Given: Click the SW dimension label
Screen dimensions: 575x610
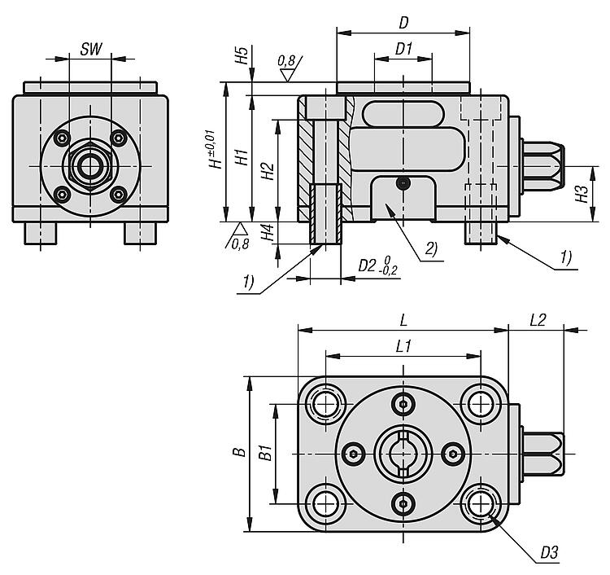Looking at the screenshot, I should coord(91,49).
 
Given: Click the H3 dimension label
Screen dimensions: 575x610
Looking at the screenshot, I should coord(581,194).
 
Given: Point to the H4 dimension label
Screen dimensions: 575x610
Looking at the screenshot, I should coord(267,232).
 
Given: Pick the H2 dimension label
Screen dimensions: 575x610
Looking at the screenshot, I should coord(267,171).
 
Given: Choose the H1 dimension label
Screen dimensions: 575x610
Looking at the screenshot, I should coord(241,157).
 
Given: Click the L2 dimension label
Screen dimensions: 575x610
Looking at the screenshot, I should coord(537,321).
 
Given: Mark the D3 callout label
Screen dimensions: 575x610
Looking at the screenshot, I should coord(551,555).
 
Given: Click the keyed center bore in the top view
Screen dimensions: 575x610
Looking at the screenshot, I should coord(403,452).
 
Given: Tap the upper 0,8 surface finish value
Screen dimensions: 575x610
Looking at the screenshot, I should coord(286,60).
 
